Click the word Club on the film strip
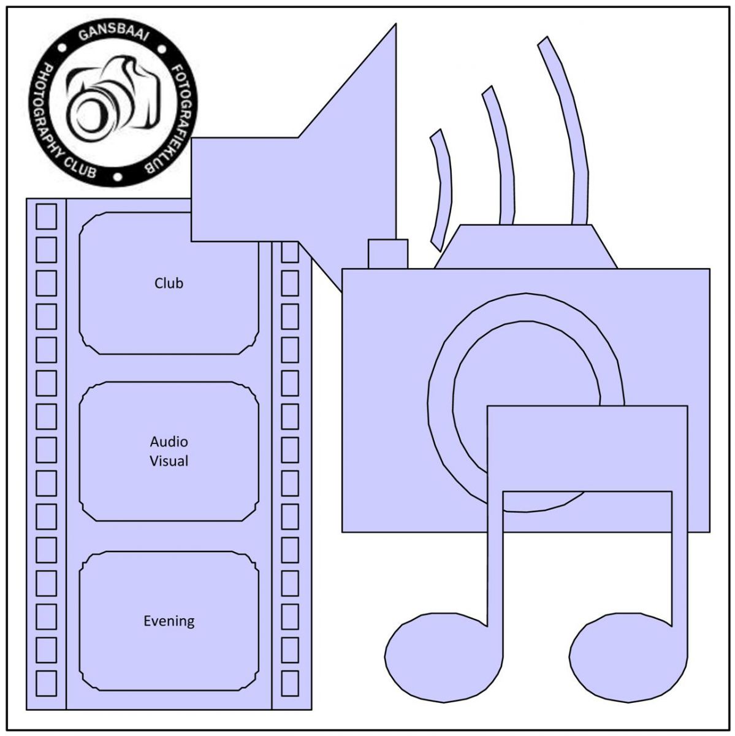click(169, 283)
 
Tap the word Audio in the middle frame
click(169, 442)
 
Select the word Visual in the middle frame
click(169, 461)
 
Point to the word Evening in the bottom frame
click(169, 621)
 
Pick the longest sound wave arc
click(568, 129)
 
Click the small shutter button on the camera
click(387, 253)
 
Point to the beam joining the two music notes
click(587, 448)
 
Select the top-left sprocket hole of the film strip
click(47, 217)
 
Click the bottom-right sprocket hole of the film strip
click(289, 683)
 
